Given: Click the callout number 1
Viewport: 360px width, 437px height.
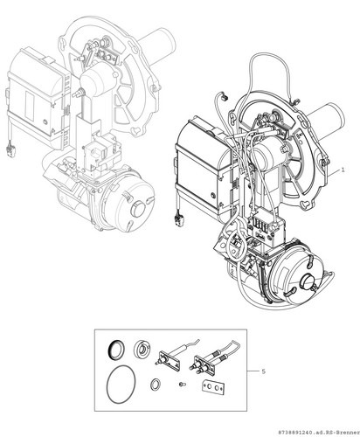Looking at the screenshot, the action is tap(343, 170).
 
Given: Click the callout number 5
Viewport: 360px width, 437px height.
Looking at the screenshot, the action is tap(264, 371).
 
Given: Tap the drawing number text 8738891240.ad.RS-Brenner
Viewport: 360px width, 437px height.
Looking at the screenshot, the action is tap(319, 433).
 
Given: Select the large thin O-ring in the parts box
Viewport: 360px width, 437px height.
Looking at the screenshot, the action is tap(121, 385).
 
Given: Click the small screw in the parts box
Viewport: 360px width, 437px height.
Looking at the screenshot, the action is tap(183, 385).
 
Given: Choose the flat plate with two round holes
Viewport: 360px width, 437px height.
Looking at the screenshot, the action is tap(213, 387).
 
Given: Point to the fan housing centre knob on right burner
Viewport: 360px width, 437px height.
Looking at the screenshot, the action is tap(306, 281).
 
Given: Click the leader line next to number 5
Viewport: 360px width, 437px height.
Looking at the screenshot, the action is tap(253, 371).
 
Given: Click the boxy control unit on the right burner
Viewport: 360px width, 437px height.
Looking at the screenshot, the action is tap(201, 169).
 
